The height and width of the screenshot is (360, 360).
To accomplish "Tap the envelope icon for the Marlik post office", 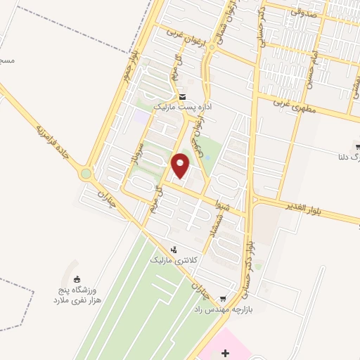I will pos(183,97).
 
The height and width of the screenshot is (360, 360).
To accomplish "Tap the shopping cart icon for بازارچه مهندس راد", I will pos(223,298).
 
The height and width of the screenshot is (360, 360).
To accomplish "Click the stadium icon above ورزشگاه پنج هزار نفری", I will pos(77,278).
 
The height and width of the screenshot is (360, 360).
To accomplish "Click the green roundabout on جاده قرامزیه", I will pos(86,173).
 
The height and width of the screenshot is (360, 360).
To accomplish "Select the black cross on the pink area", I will pos(224,352).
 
